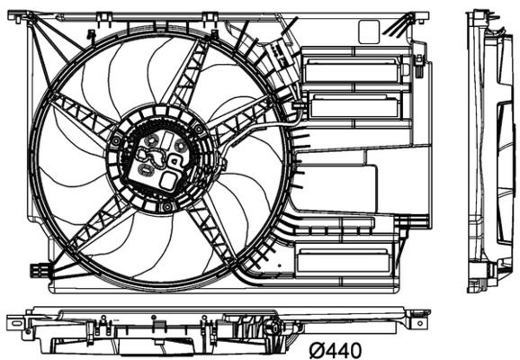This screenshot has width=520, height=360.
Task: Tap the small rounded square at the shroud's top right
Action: (x=369, y=31)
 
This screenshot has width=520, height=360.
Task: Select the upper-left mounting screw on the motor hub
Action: (x=117, y=141)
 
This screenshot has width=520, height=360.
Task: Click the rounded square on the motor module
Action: (x=167, y=179)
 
